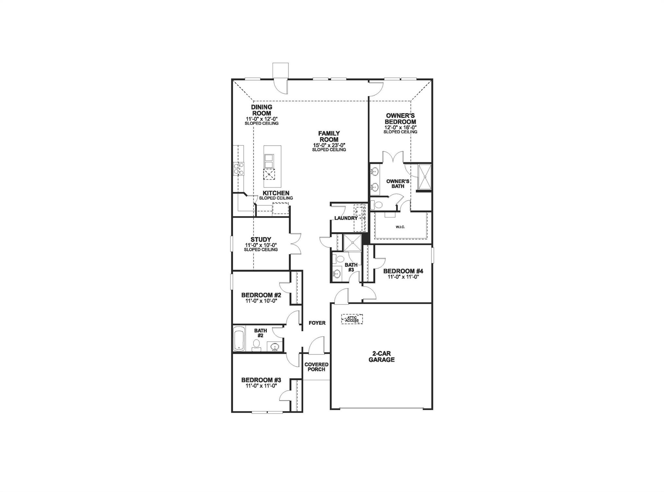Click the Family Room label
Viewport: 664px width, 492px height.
(329, 136)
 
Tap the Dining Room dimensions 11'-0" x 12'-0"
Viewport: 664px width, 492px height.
(261, 119)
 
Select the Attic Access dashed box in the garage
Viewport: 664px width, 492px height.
(352, 319)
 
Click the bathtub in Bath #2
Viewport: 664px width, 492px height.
(239, 339)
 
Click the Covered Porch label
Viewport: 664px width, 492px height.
(316, 367)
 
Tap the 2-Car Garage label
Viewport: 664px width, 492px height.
(381, 357)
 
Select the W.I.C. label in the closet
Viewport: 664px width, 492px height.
(400, 227)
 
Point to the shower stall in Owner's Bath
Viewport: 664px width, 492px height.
(424, 177)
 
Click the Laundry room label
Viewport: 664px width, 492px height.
(346, 218)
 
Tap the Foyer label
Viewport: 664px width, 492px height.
(317, 323)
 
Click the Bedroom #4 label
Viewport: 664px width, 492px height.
(403, 271)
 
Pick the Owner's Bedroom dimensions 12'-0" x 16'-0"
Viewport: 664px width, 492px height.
(400, 127)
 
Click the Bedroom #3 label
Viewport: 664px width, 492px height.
(261, 380)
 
